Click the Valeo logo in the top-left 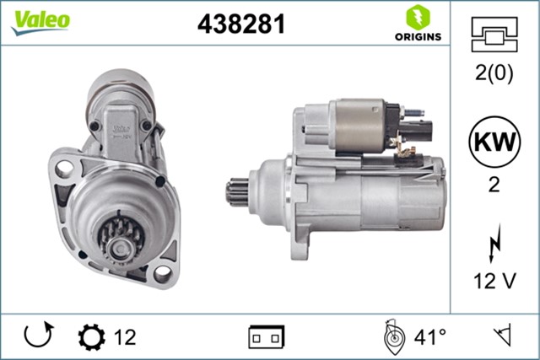[x=40, y=22]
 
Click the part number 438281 [x=241, y=24]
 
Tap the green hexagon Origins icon [x=418, y=17]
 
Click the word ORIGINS [x=418, y=36]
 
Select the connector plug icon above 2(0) [x=494, y=35]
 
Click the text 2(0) [x=494, y=73]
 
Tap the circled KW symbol [x=494, y=142]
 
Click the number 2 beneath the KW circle [x=494, y=185]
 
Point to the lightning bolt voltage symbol [x=495, y=244]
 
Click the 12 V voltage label [x=494, y=281]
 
